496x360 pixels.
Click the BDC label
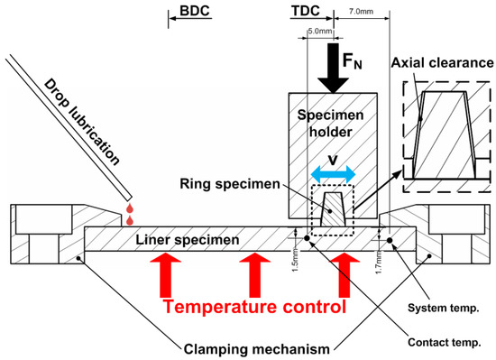point(195,11)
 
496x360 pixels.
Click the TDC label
point(306,11)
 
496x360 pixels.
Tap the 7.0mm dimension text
point(361,12)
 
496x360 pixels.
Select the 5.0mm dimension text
point(320,31)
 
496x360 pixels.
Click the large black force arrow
point(333,69)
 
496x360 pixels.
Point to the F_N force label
point(352,60)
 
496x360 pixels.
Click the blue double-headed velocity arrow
point(333,174)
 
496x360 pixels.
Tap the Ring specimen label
point(230,184)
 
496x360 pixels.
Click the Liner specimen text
point(188,240)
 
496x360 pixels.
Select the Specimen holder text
point(331,124)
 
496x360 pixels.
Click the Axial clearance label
point(443,62)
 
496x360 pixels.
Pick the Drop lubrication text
point(81,122)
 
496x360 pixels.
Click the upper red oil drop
point(130,208)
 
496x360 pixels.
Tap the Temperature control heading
point(254,307)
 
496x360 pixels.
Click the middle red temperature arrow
point(255,274)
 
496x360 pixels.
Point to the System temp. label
point(443,308)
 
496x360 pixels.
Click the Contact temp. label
point(444,342)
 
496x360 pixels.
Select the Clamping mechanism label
point(256,349)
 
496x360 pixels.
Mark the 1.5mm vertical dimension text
point(295,260)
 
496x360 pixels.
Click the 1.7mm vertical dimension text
point(379,262)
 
